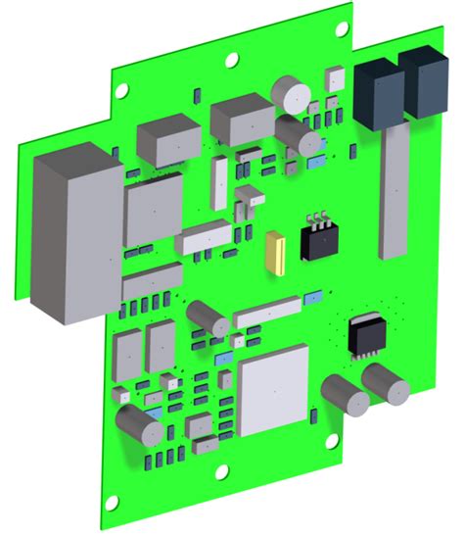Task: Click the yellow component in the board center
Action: point(276,251)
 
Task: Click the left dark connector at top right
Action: point(379,91)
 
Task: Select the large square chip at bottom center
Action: point(272,390)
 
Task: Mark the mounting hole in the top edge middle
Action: point(232,59)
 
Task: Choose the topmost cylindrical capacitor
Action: point(291,94)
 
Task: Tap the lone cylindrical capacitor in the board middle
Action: point(208,317)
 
